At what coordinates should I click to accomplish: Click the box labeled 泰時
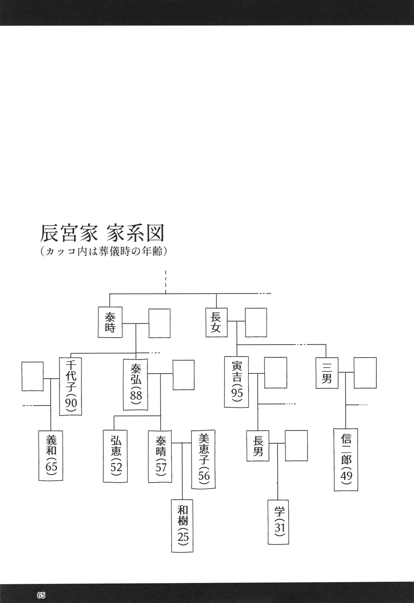(110, 322)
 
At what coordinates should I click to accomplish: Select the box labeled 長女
(216, 322)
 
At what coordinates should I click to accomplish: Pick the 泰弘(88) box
(136, 385)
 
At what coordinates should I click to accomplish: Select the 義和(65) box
(50, 455)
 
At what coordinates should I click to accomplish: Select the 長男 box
(258, 446)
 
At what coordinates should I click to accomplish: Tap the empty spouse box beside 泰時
(159, 323)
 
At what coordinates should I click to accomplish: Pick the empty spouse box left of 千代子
(33, 376)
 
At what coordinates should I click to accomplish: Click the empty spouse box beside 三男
(365, 372)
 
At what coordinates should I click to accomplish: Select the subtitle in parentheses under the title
(104, 251)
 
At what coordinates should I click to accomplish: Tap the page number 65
(42, 595)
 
